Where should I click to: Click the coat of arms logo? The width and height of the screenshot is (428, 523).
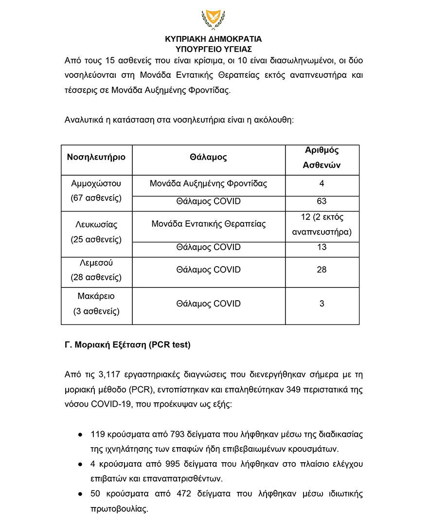[x=214, y=19]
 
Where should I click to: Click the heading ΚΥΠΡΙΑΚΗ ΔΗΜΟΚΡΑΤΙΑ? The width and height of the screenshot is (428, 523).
[x=214, y=39]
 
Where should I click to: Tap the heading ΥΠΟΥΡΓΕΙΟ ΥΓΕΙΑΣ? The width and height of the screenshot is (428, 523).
[x=214, y=49]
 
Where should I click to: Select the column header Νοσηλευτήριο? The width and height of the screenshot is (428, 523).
[x=96, y=157]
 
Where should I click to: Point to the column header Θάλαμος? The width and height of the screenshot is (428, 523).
[x=208, y=157]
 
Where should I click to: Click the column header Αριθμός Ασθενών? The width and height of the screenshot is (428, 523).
[x=321, y=158]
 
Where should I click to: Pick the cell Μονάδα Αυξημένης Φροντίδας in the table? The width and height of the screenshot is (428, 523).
[x=208, y=184]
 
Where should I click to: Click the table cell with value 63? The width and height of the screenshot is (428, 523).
[x=321, y=201]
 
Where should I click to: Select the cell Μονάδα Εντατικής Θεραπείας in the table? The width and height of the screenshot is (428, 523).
[x=208, y=224]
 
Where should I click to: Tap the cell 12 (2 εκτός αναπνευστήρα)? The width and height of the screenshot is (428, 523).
[x=321, y=225]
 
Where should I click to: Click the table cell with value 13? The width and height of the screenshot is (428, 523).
[x=321, y=247]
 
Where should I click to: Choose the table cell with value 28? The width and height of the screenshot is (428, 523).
[x=321, y=270]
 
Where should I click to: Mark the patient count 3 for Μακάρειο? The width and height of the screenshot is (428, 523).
[x=321, y=304]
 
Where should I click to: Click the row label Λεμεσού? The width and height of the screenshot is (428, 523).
[x=96, y=262]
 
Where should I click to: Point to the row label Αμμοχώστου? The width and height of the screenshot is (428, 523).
[x=96, y=184]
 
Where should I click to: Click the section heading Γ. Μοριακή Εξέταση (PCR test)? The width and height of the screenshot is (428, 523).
[x=127, y=345]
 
